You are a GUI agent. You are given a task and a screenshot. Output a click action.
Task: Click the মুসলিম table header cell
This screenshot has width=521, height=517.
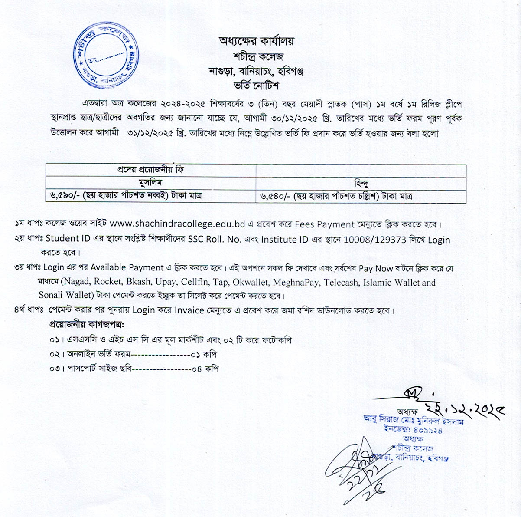pyautogui.click(x=150, y=182)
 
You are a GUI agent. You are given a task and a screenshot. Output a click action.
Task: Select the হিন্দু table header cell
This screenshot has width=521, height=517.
pyautogui.click(x=361, y=183)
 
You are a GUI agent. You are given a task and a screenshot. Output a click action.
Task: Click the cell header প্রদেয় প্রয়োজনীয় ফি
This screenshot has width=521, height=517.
pyautogui.click(x=150, y=170)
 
